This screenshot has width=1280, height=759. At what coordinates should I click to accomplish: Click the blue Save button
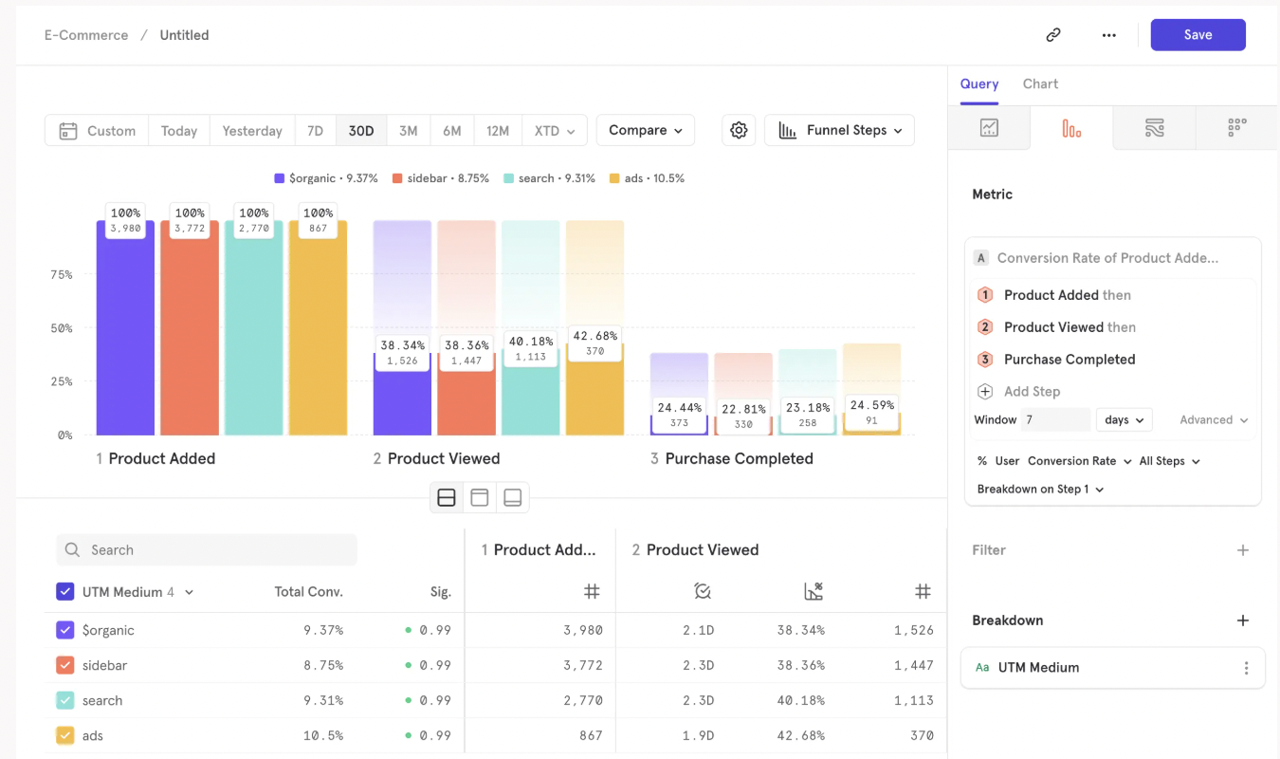tap(1198, 35)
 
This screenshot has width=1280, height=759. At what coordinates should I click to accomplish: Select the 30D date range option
tap(361, 131)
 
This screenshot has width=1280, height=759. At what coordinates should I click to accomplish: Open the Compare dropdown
tap(646, 131)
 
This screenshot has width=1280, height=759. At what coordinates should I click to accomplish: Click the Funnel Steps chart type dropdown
tap(839, 131)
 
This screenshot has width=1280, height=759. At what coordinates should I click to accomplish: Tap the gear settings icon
tap(739, 131)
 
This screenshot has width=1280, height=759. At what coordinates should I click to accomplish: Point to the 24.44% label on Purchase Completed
tap(679, 408)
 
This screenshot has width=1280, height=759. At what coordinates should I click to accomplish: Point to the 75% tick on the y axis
tap(61, 275)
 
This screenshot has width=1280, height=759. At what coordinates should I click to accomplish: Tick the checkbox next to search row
tap(65, 700)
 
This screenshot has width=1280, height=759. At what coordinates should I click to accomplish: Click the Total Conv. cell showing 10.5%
tap(323, 735)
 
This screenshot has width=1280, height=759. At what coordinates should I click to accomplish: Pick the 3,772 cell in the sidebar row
tap(583, 665)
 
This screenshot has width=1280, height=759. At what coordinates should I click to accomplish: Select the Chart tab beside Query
tap(1040, 83)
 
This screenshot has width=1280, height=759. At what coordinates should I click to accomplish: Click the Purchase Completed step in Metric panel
tap(1069, 360)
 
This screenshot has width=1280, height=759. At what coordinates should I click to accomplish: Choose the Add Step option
tap(1032, 392)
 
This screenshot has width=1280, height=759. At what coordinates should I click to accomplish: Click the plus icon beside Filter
tap(1243, 550)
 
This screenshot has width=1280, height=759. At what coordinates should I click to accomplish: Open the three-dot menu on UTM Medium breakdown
tap(1246, 668)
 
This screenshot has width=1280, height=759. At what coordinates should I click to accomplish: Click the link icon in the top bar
tap(1053, 35)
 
